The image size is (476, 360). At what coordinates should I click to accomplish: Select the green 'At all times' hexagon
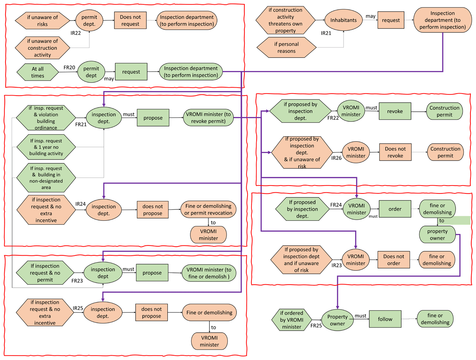pyautogui.click(x=38, y=72)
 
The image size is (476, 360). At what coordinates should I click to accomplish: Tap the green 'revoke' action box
pyautogui.click(x=395, y=111)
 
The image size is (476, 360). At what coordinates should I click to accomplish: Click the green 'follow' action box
pyautogui.click(x=385, y=319)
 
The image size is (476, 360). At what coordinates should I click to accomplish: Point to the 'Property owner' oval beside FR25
pyautogui.click(x=337, y=320)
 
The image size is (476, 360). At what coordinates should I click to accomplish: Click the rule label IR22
pyautogui.click(x=75, y=33)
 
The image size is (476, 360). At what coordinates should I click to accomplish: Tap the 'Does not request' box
pyautogui.click(x=131, y=20)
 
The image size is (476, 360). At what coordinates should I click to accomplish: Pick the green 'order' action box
pyautogui.click(x=395, y=209)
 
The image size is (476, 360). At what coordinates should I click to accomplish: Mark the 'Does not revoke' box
pyautogui.click(x=395, y=152)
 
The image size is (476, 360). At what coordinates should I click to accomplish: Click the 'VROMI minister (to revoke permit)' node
pyautogui.click(x=208, y=117)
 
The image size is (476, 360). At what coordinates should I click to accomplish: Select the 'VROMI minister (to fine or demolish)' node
pyautogui.click(x=209, y=273)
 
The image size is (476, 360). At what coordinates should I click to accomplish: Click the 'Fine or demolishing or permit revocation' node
pyautogui.click(x=208, y=209)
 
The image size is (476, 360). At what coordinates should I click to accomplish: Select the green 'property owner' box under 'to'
pyautogui.click(x=437, y=234)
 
